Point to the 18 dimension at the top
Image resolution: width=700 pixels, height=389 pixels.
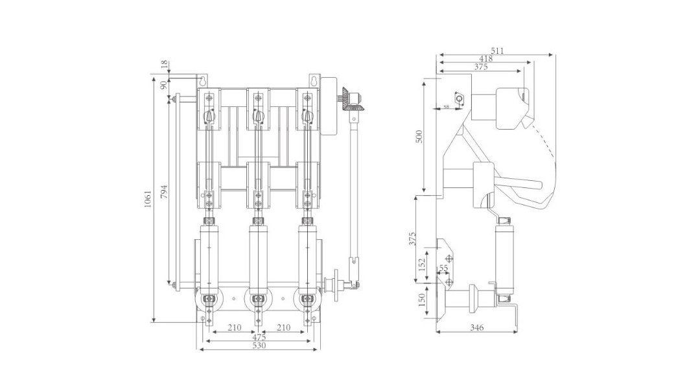(164, 64)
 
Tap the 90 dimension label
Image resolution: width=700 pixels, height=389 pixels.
(164, 84)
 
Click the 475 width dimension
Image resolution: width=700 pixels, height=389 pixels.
(259, 337)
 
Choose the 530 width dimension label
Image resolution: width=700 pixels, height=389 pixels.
(259, 346)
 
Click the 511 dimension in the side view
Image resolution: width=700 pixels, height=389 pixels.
(497, 51)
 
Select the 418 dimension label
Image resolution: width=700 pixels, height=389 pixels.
(485, 58)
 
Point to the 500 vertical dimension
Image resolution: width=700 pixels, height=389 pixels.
(419, 136)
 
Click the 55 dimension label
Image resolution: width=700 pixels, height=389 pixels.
(444, 267)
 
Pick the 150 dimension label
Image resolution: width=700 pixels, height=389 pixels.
(421, 300)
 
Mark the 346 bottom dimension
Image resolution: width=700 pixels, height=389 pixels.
(476, 328)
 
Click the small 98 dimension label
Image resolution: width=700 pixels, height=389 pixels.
(446, 106)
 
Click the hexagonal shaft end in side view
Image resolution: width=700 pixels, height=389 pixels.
(460, 99)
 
